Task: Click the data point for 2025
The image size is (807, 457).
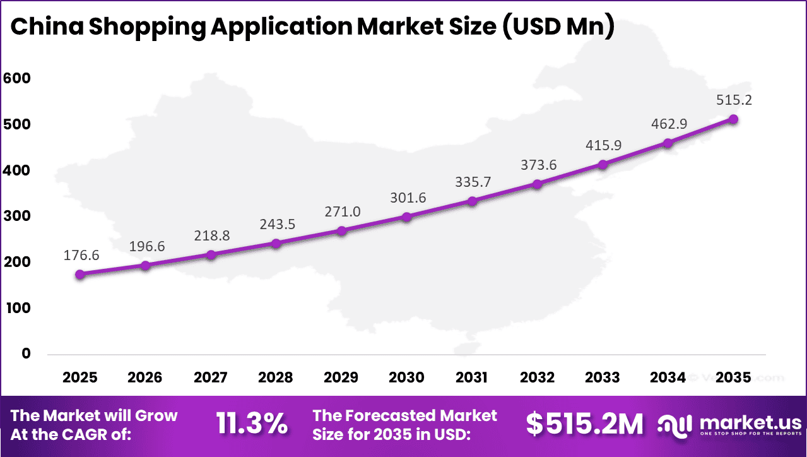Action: (80, 275)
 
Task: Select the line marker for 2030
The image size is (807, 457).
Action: (406, 217)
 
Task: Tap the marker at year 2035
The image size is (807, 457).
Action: (733, 119)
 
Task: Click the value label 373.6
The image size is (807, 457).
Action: (538, 165)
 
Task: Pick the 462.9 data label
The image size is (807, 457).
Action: (668, 124)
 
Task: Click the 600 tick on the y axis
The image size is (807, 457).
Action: (17, 78)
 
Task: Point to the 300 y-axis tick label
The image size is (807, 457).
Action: (17, 216)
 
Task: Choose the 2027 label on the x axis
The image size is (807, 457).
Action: (211, 377)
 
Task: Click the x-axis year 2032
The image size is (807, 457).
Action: (538, 377)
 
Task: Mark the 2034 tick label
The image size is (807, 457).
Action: (668, 377)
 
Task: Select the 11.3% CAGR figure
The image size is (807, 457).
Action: (252, 424)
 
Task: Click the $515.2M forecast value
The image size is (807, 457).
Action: (584, 424)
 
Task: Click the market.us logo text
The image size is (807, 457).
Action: (748, 422)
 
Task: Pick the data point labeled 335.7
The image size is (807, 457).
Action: (472, 201)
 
